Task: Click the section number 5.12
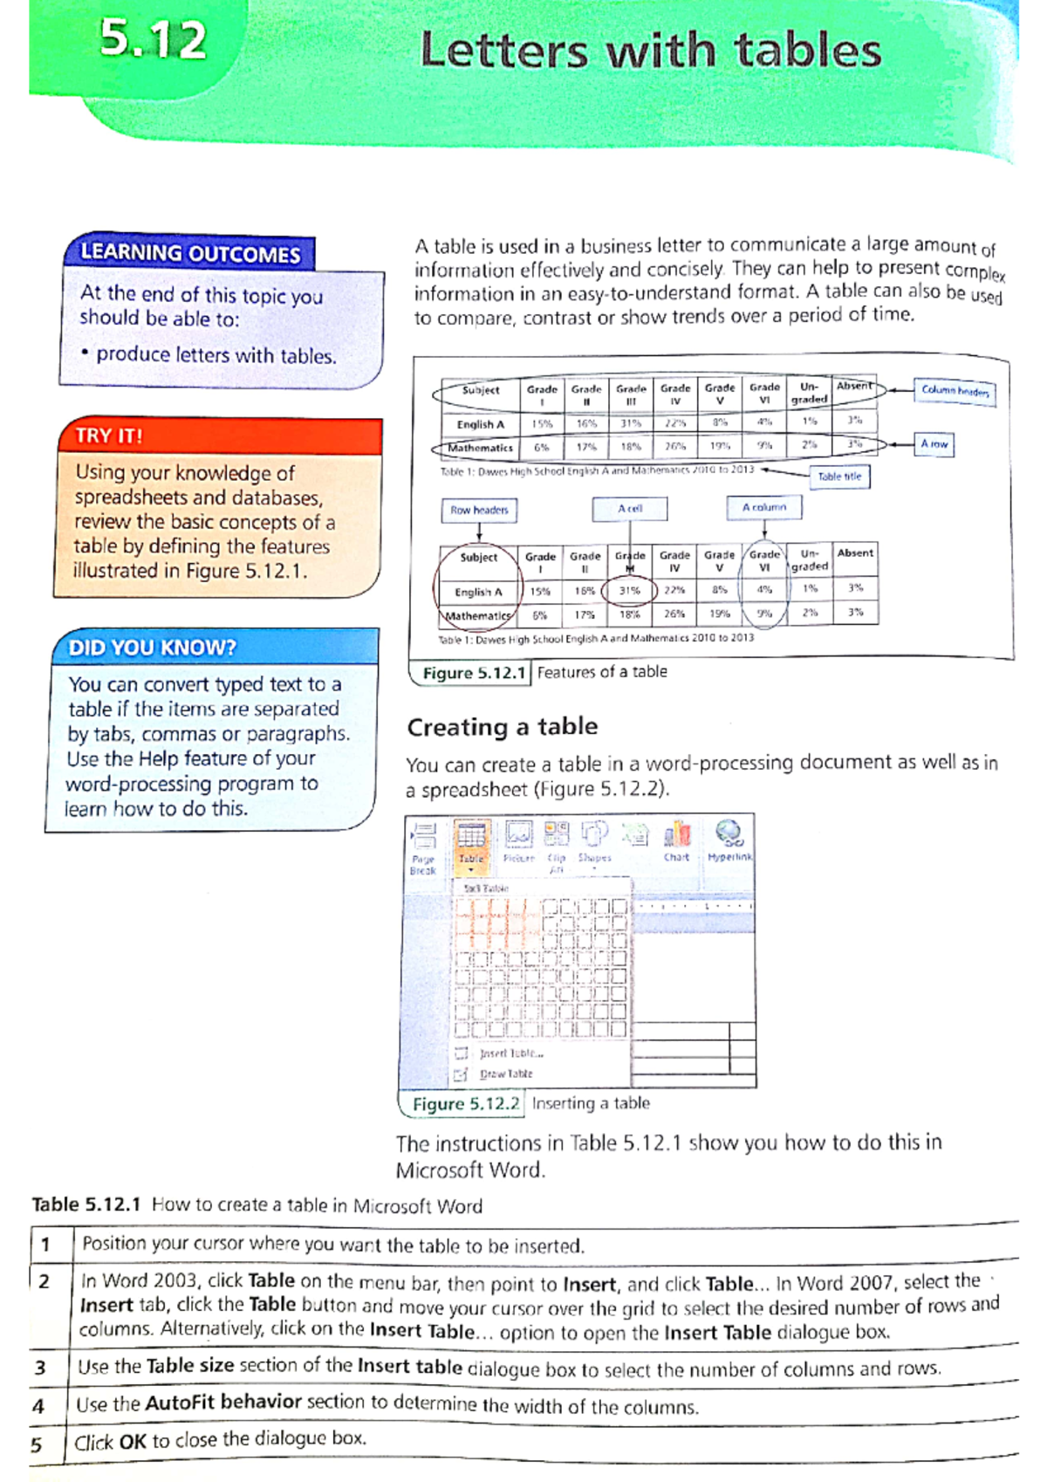154,40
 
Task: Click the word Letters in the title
504,51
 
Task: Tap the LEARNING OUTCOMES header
190,253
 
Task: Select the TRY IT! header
108,436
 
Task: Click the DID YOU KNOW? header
152,648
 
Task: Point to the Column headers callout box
955,391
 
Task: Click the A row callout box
934,444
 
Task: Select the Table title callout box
839,477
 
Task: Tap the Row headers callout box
479,510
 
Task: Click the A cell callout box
630,508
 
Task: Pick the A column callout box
764,507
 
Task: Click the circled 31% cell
629,591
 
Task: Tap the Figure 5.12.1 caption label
474,673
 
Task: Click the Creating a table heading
503,726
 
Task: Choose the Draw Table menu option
505,1074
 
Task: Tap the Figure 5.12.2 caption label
465,1104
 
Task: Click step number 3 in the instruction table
40,1368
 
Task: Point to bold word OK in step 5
133,1442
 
